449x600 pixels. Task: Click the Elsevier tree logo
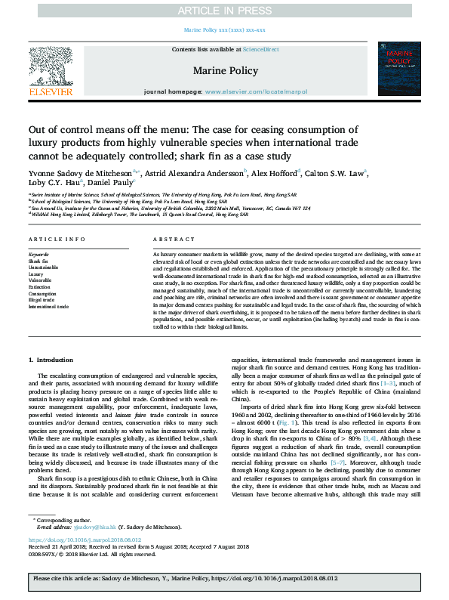(x=51, y=70)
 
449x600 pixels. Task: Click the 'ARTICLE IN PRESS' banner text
(x=224, y=11)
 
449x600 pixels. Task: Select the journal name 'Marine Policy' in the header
(x=224, y=70)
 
